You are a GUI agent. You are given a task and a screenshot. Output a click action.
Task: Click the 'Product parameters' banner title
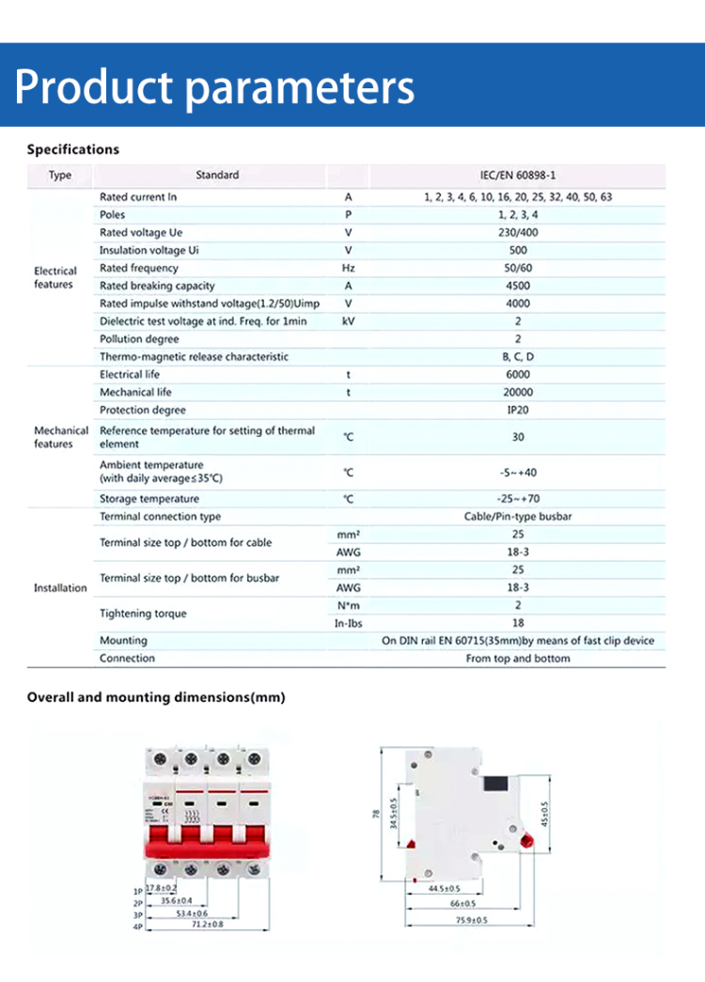point(214,86)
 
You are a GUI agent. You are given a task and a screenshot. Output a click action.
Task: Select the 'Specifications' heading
point(73,149)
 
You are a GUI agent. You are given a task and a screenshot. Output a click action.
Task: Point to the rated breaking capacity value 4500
point(518,286)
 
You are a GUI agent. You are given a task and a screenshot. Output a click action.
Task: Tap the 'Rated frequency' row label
point(139,268)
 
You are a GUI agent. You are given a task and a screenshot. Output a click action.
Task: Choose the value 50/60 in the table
point(518,268)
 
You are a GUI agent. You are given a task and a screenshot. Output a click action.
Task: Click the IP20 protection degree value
point(518,410)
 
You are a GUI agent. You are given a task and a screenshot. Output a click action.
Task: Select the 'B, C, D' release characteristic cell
point(518,357)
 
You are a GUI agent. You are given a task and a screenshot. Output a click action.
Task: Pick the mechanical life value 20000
point(518,392)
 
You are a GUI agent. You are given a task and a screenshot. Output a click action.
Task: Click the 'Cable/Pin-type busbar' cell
point(518,517)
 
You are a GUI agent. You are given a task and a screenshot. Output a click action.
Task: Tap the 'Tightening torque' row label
point(143,614)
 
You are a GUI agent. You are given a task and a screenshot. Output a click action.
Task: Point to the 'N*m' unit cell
point(348,605)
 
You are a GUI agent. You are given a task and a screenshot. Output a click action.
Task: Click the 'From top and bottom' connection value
point(518,659)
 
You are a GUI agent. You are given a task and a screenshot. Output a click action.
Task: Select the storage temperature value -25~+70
point(518,499)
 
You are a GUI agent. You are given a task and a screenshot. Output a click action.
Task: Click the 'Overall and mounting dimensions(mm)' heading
point(156,697)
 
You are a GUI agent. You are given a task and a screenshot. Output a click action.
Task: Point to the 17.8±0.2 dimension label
point(162,887)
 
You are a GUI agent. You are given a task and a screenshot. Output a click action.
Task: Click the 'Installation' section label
point(60,588)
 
